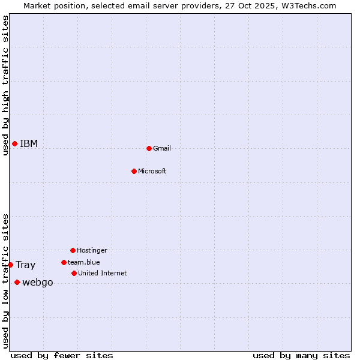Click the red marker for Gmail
149,148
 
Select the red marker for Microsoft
134,171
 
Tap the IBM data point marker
14,143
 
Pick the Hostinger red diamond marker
73,250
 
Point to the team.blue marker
64,262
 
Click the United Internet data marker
74,273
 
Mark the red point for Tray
10,265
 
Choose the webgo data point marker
17,283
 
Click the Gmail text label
162,148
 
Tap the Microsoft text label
152,171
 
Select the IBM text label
29,143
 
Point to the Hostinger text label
92,250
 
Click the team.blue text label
84,262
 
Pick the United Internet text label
103,273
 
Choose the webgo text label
38,283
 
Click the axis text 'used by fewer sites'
62,355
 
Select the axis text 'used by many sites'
301,355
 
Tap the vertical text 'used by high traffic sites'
5,85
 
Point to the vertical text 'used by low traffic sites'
5,281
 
